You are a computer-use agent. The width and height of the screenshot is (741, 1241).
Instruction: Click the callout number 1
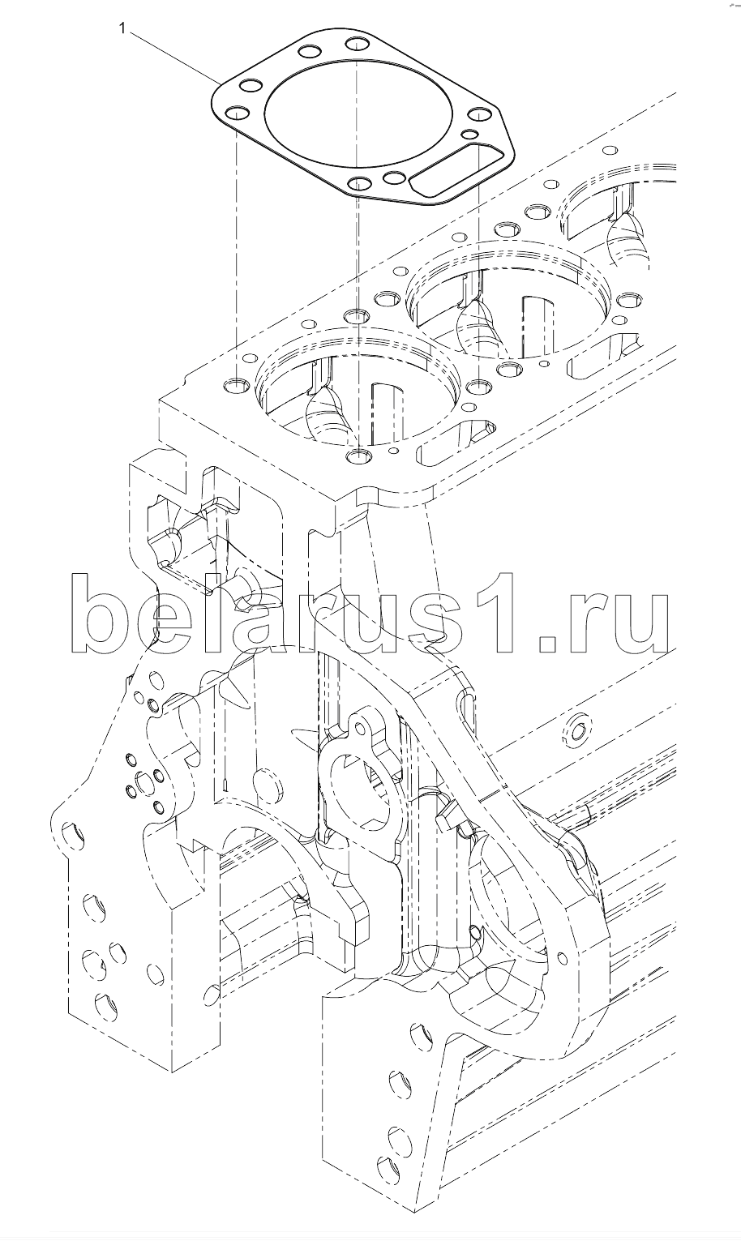tap(122, 29)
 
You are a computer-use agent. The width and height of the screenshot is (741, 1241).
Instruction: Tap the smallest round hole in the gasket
tap(469, 133)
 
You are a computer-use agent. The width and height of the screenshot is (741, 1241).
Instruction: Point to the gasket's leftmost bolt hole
tap(235, 113)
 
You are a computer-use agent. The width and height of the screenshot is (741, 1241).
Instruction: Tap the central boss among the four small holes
tap(146, 783)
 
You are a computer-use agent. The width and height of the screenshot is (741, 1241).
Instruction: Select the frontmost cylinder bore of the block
tap(361, 387)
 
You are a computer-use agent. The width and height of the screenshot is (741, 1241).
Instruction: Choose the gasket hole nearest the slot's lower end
tap(396, 178)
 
